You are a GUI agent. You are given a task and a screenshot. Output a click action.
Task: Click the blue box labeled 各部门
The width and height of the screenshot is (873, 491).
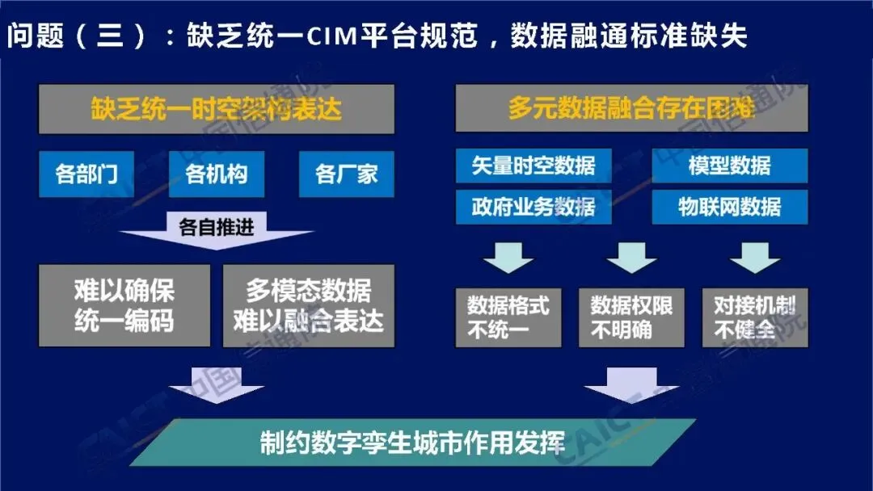click(x=86, y=174)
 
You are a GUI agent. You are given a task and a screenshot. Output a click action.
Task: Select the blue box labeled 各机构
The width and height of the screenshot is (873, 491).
click(x=217, y=174)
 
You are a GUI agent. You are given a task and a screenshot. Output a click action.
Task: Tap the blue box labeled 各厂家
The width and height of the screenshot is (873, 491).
click(x=346, y=174)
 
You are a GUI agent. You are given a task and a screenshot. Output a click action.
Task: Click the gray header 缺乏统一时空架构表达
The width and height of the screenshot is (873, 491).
click(x=217, y=109)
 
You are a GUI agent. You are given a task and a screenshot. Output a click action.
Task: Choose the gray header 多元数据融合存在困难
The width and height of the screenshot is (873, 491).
click(x=631, y=109)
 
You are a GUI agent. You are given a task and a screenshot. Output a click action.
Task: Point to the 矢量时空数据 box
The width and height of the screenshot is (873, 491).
click(x=533, y=166)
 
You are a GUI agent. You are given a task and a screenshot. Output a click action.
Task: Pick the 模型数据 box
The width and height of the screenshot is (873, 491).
click(x=729, y=166)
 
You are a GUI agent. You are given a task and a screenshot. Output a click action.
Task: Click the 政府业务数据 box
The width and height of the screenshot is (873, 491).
click(x=533, y=207)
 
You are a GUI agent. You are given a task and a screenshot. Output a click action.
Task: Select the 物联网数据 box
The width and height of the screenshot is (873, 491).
click(x=729, y=207)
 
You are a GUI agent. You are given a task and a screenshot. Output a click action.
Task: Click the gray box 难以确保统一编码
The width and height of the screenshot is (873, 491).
click(x=124, y=305)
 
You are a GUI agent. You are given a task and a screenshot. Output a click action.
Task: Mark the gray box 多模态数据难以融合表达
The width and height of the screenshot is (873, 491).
click(x=308, y=305)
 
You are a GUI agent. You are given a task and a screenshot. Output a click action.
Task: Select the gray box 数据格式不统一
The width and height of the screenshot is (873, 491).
click(x=508, y=317)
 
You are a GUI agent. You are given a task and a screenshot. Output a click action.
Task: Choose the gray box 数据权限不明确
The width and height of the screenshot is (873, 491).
click(x=631, y=317)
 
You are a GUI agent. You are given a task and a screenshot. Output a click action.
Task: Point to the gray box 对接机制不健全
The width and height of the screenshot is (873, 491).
click(x=755, y=317)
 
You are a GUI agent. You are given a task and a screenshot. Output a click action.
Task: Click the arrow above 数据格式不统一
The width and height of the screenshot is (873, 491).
click(x=508, y=257)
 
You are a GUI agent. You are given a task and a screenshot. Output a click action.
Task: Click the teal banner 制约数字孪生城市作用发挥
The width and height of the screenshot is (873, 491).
click(x=412, y=442)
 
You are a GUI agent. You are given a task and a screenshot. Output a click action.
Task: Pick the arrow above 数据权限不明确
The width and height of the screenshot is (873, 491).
click(x=631, y=257)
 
